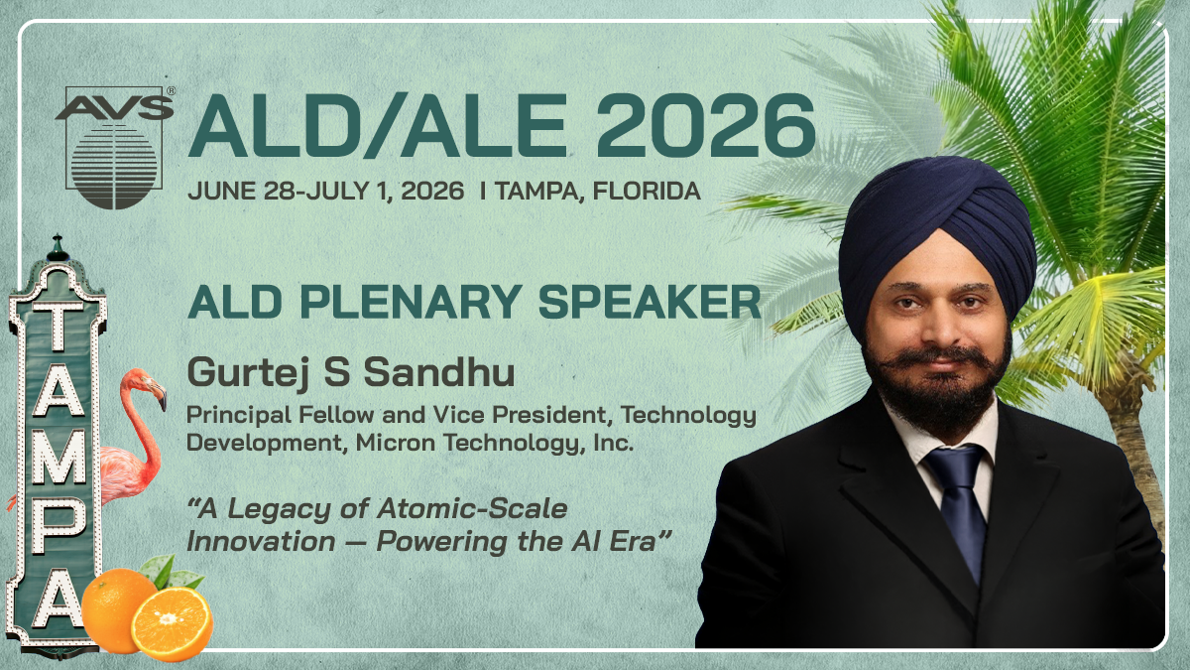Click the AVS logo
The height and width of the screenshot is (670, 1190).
pos(115,147)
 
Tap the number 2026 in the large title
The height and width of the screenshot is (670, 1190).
pos(705,127)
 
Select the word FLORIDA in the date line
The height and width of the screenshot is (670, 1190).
pos(647,191)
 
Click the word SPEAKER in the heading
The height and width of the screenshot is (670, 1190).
pos(650,302)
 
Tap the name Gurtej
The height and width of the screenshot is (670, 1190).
pos(247,373)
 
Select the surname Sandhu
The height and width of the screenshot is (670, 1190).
pos(439,371)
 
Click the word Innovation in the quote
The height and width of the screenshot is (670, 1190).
pos(261,542)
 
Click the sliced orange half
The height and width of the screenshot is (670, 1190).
pos(172,623)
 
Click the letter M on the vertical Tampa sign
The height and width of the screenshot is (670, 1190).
pos(59,457)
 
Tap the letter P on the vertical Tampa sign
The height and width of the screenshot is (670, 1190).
pos(58,527)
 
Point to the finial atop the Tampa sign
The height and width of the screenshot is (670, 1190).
pos(57,248)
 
